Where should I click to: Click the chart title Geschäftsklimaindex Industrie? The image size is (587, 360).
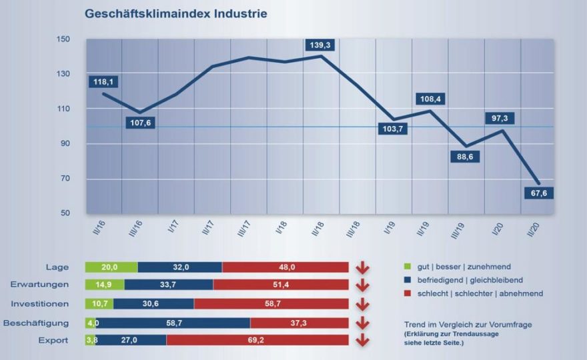pos(175,13)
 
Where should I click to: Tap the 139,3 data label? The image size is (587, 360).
pos(320,45)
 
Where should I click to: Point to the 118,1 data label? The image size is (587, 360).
pos(103,82)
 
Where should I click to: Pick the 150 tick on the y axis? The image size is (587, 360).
pos(63,39)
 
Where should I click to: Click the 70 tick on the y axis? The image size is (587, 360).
pos(63,179)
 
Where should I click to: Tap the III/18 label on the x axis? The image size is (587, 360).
pos(352,231)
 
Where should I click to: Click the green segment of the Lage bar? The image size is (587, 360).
pos(111,267)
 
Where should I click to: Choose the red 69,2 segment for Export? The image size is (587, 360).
pos(257,340)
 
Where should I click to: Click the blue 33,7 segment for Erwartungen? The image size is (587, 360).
pos(169,285)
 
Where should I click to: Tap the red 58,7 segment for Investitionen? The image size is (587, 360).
pos(271,304)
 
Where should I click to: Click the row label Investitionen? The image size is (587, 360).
pos(39,304)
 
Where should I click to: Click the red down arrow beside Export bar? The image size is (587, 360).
pos(362,340)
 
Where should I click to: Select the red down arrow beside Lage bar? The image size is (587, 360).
pos(362,267)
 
